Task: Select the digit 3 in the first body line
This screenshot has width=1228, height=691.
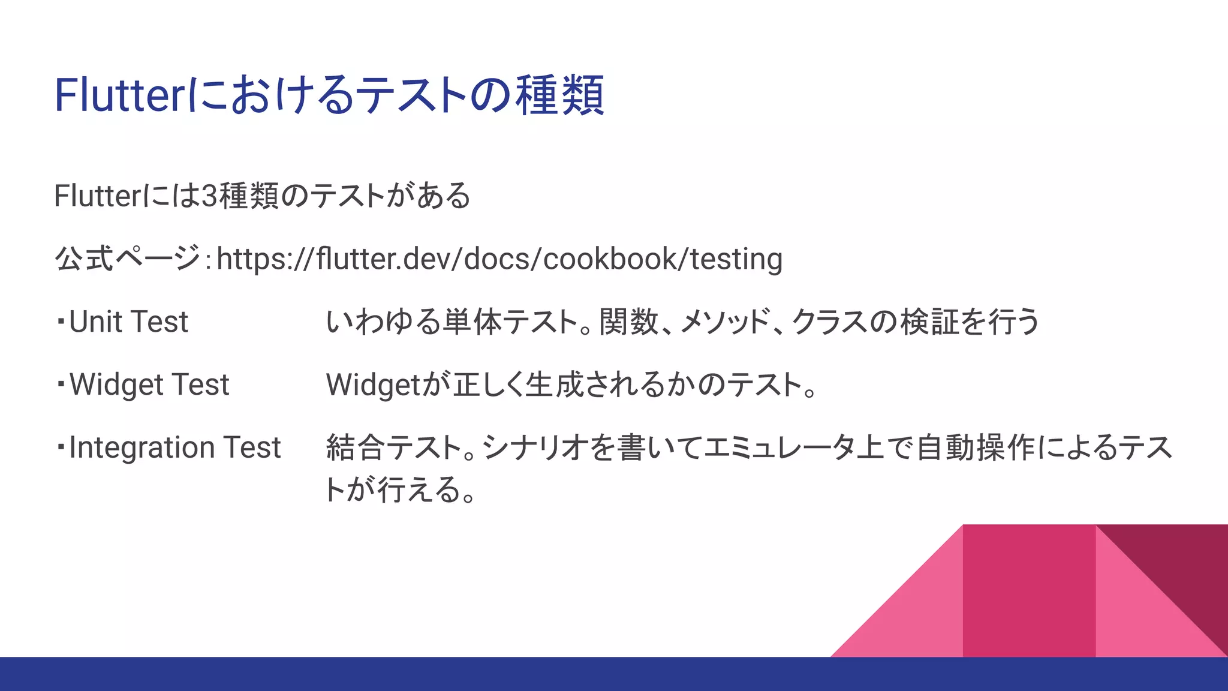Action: [209, 196]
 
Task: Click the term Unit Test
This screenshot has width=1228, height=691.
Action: [128, 322]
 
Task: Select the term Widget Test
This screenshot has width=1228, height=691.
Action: [149, 385]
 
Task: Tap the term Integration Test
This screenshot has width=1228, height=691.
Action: [174, 448]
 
